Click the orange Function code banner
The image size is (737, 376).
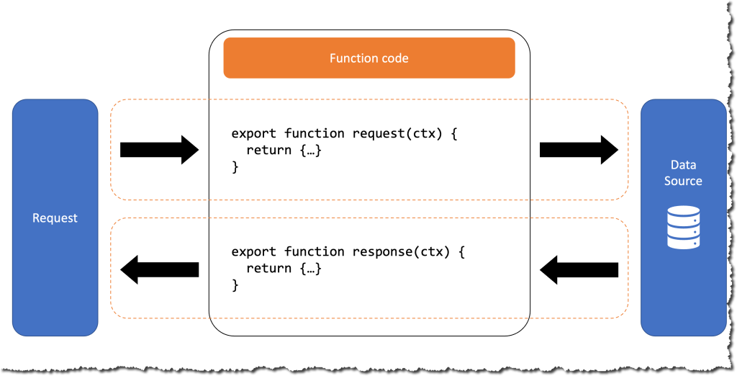coord(368,58)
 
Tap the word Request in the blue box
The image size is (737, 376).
coord(55,218)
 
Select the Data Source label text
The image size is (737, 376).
coord(683,173)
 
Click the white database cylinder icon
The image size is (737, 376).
coord(683,227)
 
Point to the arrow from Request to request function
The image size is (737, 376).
coord(158,150)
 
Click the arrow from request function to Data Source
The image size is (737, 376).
coord(579,150)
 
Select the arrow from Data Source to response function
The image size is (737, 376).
coord(579,269)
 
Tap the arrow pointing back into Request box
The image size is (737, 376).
coord(158,269)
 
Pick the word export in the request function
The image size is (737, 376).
coord(254,133)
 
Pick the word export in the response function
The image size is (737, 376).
coord(254,251)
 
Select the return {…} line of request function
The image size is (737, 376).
coord(283,151)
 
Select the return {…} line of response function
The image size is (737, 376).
coord(283,269)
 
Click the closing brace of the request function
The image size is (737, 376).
coord(235,167)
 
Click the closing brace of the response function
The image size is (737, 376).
coord(235,285)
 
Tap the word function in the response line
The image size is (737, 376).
coord(315,251)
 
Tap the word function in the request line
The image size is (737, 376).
coord(315,133)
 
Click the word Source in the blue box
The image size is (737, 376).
coord(683,181)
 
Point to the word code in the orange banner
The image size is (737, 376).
coord(393,58)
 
